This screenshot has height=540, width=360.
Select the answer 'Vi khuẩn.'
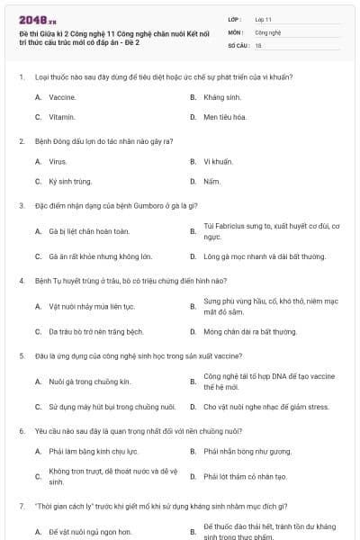tap(218, 161)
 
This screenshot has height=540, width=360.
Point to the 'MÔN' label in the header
tap(235, 31)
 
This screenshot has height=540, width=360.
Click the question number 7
tap(21, 506)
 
